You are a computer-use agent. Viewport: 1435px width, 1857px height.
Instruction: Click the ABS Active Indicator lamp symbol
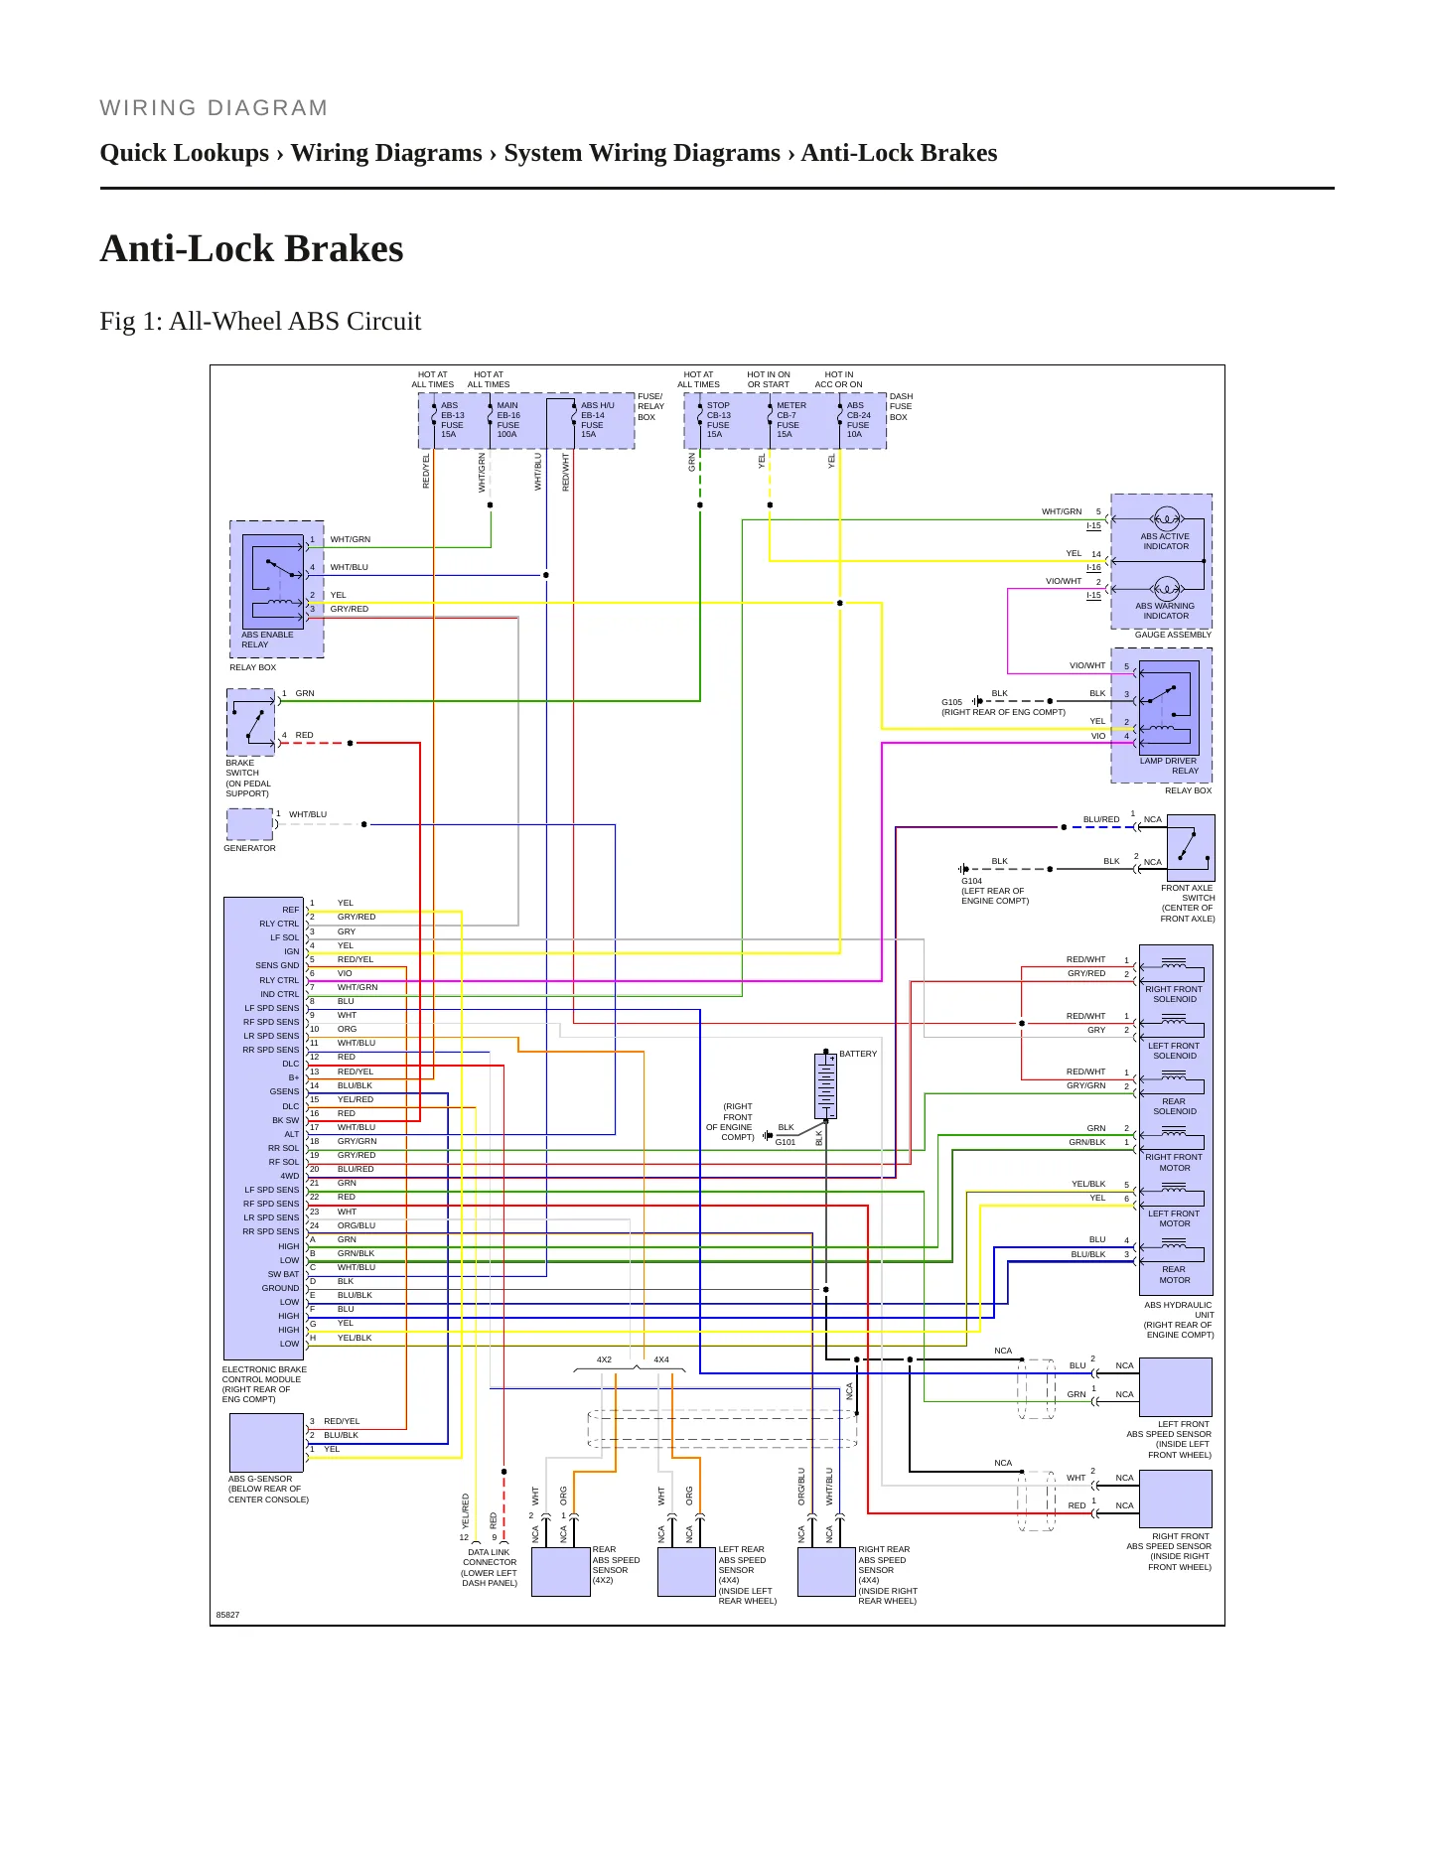(1166, 518)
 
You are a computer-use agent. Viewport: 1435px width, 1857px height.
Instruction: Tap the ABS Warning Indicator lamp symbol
(1166, 588)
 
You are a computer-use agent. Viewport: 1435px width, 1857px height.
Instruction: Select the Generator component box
(249, 824)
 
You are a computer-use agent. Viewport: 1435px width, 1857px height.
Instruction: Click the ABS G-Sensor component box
(266, 1443)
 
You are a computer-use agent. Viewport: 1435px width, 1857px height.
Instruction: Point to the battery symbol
(825, 1085)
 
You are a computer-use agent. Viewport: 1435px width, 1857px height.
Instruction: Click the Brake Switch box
(251, 722)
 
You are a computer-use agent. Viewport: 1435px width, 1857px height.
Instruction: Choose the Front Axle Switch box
(1191, 847)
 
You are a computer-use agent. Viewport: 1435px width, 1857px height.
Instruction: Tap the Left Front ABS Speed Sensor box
(1176, 1387)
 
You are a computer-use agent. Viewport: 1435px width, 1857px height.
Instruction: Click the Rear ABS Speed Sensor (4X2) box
(561, 1572)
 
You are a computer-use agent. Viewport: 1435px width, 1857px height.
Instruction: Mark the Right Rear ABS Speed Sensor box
(826, 1572)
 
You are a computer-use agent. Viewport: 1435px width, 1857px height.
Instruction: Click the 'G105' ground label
(951, 702)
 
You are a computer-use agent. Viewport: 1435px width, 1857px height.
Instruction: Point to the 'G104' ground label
(971, 881)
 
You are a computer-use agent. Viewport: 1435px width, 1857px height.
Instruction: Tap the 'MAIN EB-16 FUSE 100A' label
(507, 420)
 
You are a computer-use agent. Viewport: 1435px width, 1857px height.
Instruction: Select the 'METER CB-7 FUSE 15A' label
(790, 420)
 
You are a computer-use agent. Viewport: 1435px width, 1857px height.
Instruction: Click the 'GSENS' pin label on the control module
(284, 1091)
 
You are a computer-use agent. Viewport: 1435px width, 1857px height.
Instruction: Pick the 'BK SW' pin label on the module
(285, 1120)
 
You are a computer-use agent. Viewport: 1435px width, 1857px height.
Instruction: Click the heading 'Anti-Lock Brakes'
(252, 248)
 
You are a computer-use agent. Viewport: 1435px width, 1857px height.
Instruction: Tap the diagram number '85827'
(227, 1615)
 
